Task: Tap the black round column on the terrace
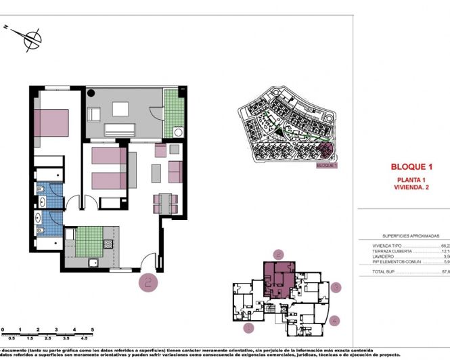pyautogui.click(x=91, y=93)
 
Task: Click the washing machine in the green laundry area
pyautogui.click(x=178, y=132)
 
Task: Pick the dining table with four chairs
pyautogui.click(x=164, y=201)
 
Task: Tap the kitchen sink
pyautogui.click(x=94, y=263)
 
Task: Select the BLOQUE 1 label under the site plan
pyautogui.click(x=326, y=164)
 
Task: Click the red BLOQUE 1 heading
pyautogui.click(x=411, y=166)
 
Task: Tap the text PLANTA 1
pyautogui.click(x=411, y=179)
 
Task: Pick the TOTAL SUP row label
pyautogui.click(x=384, y=271)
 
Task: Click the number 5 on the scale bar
pyautogui.click(x=92, y=328)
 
